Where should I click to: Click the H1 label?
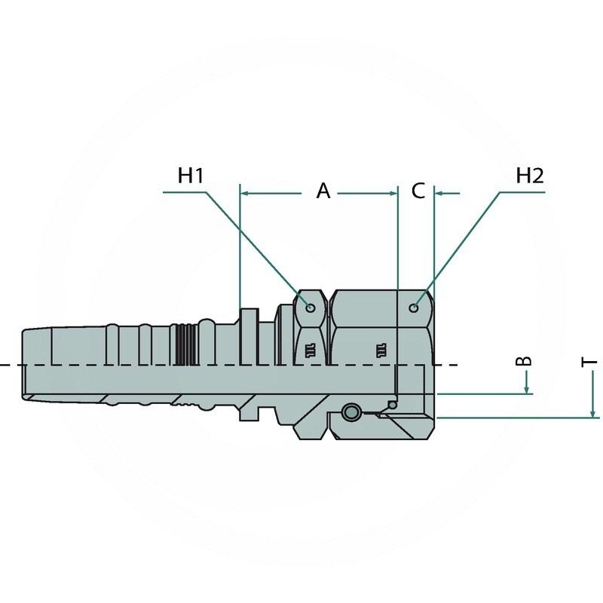tap(191, 176)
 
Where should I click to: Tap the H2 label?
tap(530, 176)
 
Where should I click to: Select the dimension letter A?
tap(323, 191)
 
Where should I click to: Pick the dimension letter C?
tap(418, 191)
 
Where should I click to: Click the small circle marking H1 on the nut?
tap(311, 307)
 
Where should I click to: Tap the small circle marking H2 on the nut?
tap(414, 308)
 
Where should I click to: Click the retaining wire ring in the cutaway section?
tap(350, 412)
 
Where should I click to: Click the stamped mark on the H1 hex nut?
tap(311, 348)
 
